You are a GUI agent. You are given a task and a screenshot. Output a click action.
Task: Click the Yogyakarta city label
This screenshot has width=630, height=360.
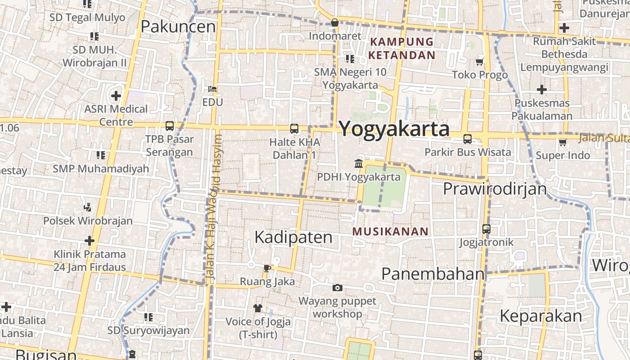click(x=394, y=129)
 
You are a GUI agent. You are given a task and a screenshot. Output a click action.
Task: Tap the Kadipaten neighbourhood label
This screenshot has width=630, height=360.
click(x=293, y=237)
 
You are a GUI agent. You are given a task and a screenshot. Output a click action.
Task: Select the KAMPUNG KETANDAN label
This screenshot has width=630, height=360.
click(x=401, y=49)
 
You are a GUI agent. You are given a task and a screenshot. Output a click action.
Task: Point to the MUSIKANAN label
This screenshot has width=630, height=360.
click(x=390, y=232)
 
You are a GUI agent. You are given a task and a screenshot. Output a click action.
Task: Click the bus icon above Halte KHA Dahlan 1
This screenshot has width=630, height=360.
click(x=294, y=129)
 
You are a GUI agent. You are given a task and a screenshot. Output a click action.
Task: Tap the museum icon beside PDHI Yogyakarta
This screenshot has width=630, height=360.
click(x=359, y=163)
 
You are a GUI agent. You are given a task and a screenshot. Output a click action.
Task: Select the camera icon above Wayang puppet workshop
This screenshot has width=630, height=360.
click(x=337, y=288)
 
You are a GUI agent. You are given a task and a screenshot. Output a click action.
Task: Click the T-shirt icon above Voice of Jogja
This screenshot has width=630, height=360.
click(x=258, y=308)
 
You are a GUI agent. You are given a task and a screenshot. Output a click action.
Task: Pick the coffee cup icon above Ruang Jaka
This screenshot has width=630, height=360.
click(x=267, y=268)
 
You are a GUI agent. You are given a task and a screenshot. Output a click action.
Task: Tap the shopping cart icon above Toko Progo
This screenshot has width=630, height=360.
click(x=480, y=62)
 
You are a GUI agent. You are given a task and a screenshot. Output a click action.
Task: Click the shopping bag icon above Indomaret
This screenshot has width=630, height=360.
click(x=335, y=22)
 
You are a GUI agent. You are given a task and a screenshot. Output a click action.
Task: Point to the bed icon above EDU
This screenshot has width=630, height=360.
click(x=212, y=89)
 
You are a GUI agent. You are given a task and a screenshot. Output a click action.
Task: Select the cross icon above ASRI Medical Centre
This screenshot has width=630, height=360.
click(x=116, y=95)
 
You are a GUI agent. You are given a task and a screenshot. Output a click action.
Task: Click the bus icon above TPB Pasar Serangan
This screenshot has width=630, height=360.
click(x=169, y=126)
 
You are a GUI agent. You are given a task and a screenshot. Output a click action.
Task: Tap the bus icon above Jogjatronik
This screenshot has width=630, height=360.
click(x=486, y=229)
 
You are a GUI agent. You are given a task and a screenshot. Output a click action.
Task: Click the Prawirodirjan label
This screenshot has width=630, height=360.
click(x=495, y=189)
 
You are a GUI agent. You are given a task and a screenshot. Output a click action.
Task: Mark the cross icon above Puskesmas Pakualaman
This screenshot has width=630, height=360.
click(x=542, y=90)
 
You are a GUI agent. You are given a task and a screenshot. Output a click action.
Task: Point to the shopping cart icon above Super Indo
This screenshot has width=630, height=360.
click(x=562, y=143)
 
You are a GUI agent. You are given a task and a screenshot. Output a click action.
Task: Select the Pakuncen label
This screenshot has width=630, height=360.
click(x=178, y=27)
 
